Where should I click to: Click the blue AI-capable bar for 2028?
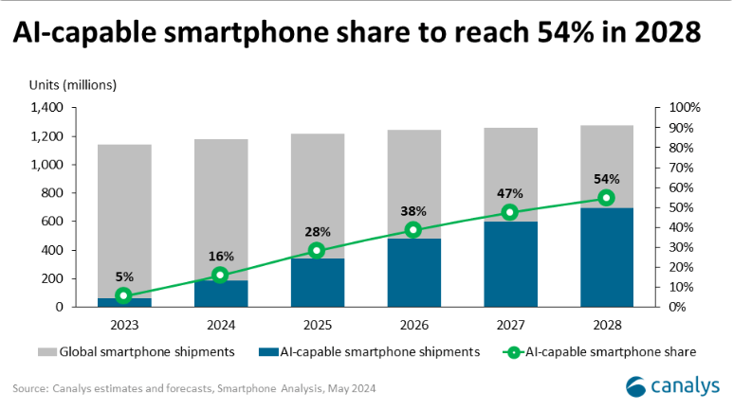click(x=607, y=258)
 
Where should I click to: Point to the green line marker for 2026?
click(x=413, y=230)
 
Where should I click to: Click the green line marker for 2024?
click(x=220, y=275)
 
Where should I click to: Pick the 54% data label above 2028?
click(x=607, y=179)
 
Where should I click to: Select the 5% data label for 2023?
click(x=124, y=276)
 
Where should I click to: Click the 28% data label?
click(x=317, y=232)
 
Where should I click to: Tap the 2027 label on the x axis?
click(x=510, y=325)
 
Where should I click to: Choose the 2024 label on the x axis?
click(x=220, y=325)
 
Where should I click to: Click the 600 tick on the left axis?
click(x=52, y=222)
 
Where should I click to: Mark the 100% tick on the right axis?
click(x=684, y=108)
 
